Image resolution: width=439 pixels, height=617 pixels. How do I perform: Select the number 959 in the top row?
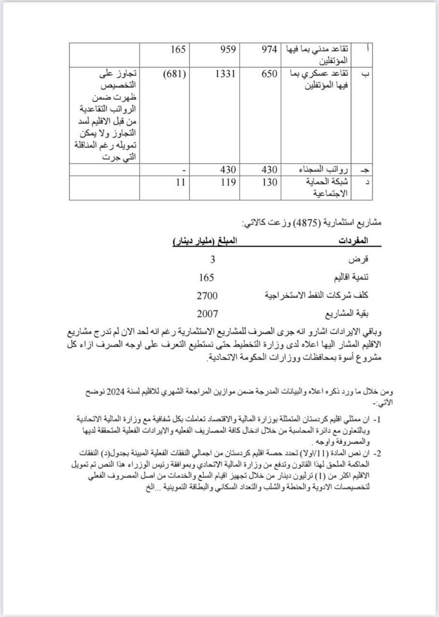[224, 49]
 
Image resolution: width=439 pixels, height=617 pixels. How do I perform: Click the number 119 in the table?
[224, 182]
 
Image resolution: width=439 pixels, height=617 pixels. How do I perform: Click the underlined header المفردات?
[357, 240]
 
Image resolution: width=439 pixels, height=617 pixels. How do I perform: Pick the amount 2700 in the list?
[207, 295]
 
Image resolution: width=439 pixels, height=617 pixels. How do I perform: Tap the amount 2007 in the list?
[207, 314]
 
